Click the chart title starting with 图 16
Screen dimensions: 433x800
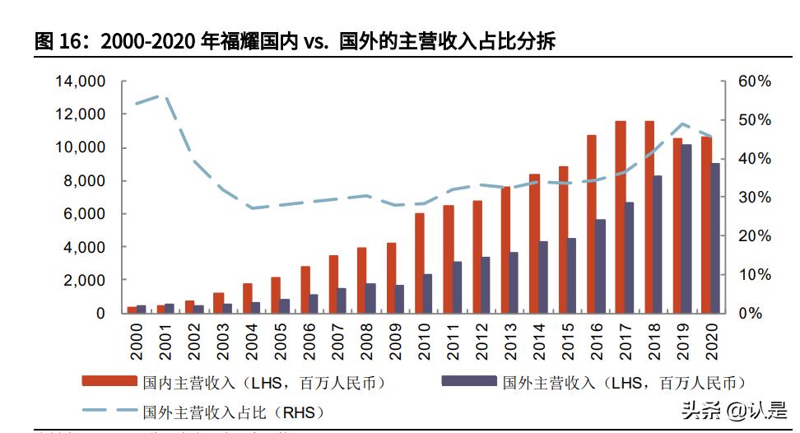coord(295,41)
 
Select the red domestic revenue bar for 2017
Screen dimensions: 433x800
coord(621,217)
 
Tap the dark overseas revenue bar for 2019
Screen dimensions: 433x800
coord(686,229)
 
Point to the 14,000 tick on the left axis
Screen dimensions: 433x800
coord(80,81)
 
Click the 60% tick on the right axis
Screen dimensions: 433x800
coord(753,81)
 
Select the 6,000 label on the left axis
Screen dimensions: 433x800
coord(84,214)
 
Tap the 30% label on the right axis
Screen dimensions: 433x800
coord(753,198)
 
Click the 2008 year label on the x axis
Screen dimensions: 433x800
coord(366,338)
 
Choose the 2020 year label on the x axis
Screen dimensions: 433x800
coord(712,338)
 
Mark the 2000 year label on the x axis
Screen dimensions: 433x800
coord(136,338)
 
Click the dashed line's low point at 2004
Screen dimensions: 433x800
coord(251,208)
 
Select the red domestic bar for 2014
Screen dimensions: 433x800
coord(535,244)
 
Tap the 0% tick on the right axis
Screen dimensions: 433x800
coord(750,314)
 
